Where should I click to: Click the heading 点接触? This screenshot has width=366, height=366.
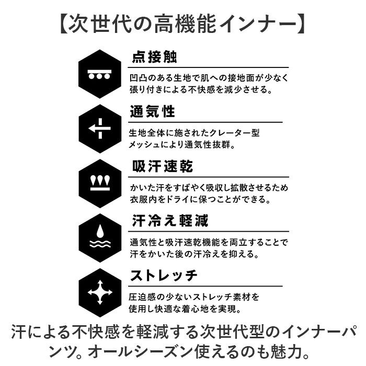tap(155, 56)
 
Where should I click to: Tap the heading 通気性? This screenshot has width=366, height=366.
tap(153, 111)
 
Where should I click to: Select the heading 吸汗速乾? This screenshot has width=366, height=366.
tap(163, 166)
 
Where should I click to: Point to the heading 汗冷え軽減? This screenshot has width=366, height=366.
tap(170, 221)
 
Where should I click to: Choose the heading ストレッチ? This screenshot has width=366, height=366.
tap(164, 276)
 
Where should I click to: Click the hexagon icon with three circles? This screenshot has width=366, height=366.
tap(100, 74)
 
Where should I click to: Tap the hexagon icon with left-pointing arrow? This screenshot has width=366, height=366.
tap(100, 129)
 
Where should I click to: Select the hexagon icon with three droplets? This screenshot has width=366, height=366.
tap(100, 184)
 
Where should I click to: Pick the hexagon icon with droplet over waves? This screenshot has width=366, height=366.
tap(100, 238)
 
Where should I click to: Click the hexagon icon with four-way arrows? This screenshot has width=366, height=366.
tap(100, 292)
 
